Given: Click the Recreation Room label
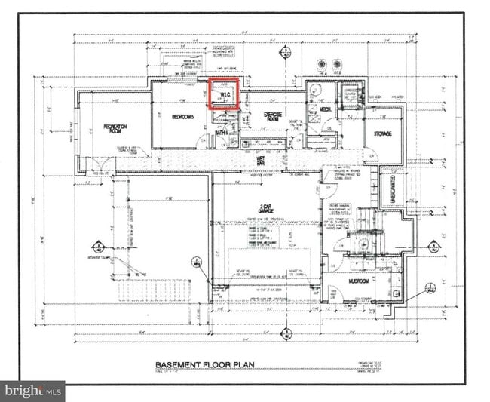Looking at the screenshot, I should (115, 127).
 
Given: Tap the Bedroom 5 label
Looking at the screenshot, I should (182, 118).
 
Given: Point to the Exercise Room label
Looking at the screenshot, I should (272, 118).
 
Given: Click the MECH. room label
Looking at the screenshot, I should (326, 110).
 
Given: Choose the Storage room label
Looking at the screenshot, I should (382, 133).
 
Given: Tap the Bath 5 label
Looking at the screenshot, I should (221, 133).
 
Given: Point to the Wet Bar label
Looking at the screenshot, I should (259, 160).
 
